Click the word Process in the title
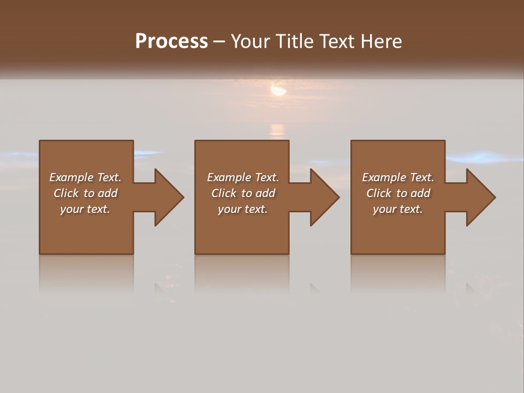pyautogui.click(x=171, y=41)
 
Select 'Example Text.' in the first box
pyautogui.click(x=85, y=177)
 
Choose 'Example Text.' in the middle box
pyautogui.click(x=243, y=177)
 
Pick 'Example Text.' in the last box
pyautogui.click(x=398, y=177)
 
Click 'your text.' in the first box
pyautogui.click(x=85, y=209)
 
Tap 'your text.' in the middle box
pyautogui.click(x=243, y=209)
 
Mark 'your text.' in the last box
pyautogui.click(x=398, y=209)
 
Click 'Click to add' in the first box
pyautogui.click(x=85, y=193)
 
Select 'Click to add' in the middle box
pyautogui.click(x=243, y=193)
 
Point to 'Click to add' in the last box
pyautogui.click(x=398, y=193)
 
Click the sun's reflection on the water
pyautogui.click(x=278, y=130)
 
